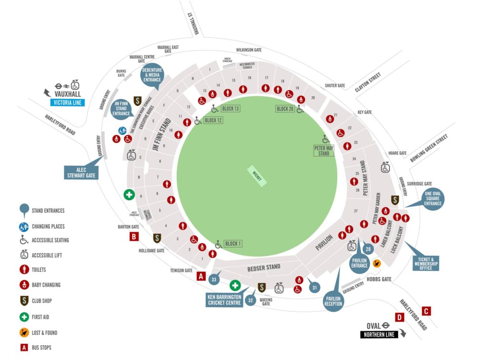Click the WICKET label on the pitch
click(x=257, y=176)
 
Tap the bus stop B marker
click(x=134, y=236)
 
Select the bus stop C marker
click(x=427, y=311)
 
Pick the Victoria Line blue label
click(x=67, y=102)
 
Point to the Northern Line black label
click(x=379, y=335)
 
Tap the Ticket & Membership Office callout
click(x=426, y=261)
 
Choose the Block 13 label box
click(x=230, y=109)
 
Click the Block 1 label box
click(x=233, y=244)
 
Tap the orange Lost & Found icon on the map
click(x=376, y=262)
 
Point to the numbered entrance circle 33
click(x=214, y=280)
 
